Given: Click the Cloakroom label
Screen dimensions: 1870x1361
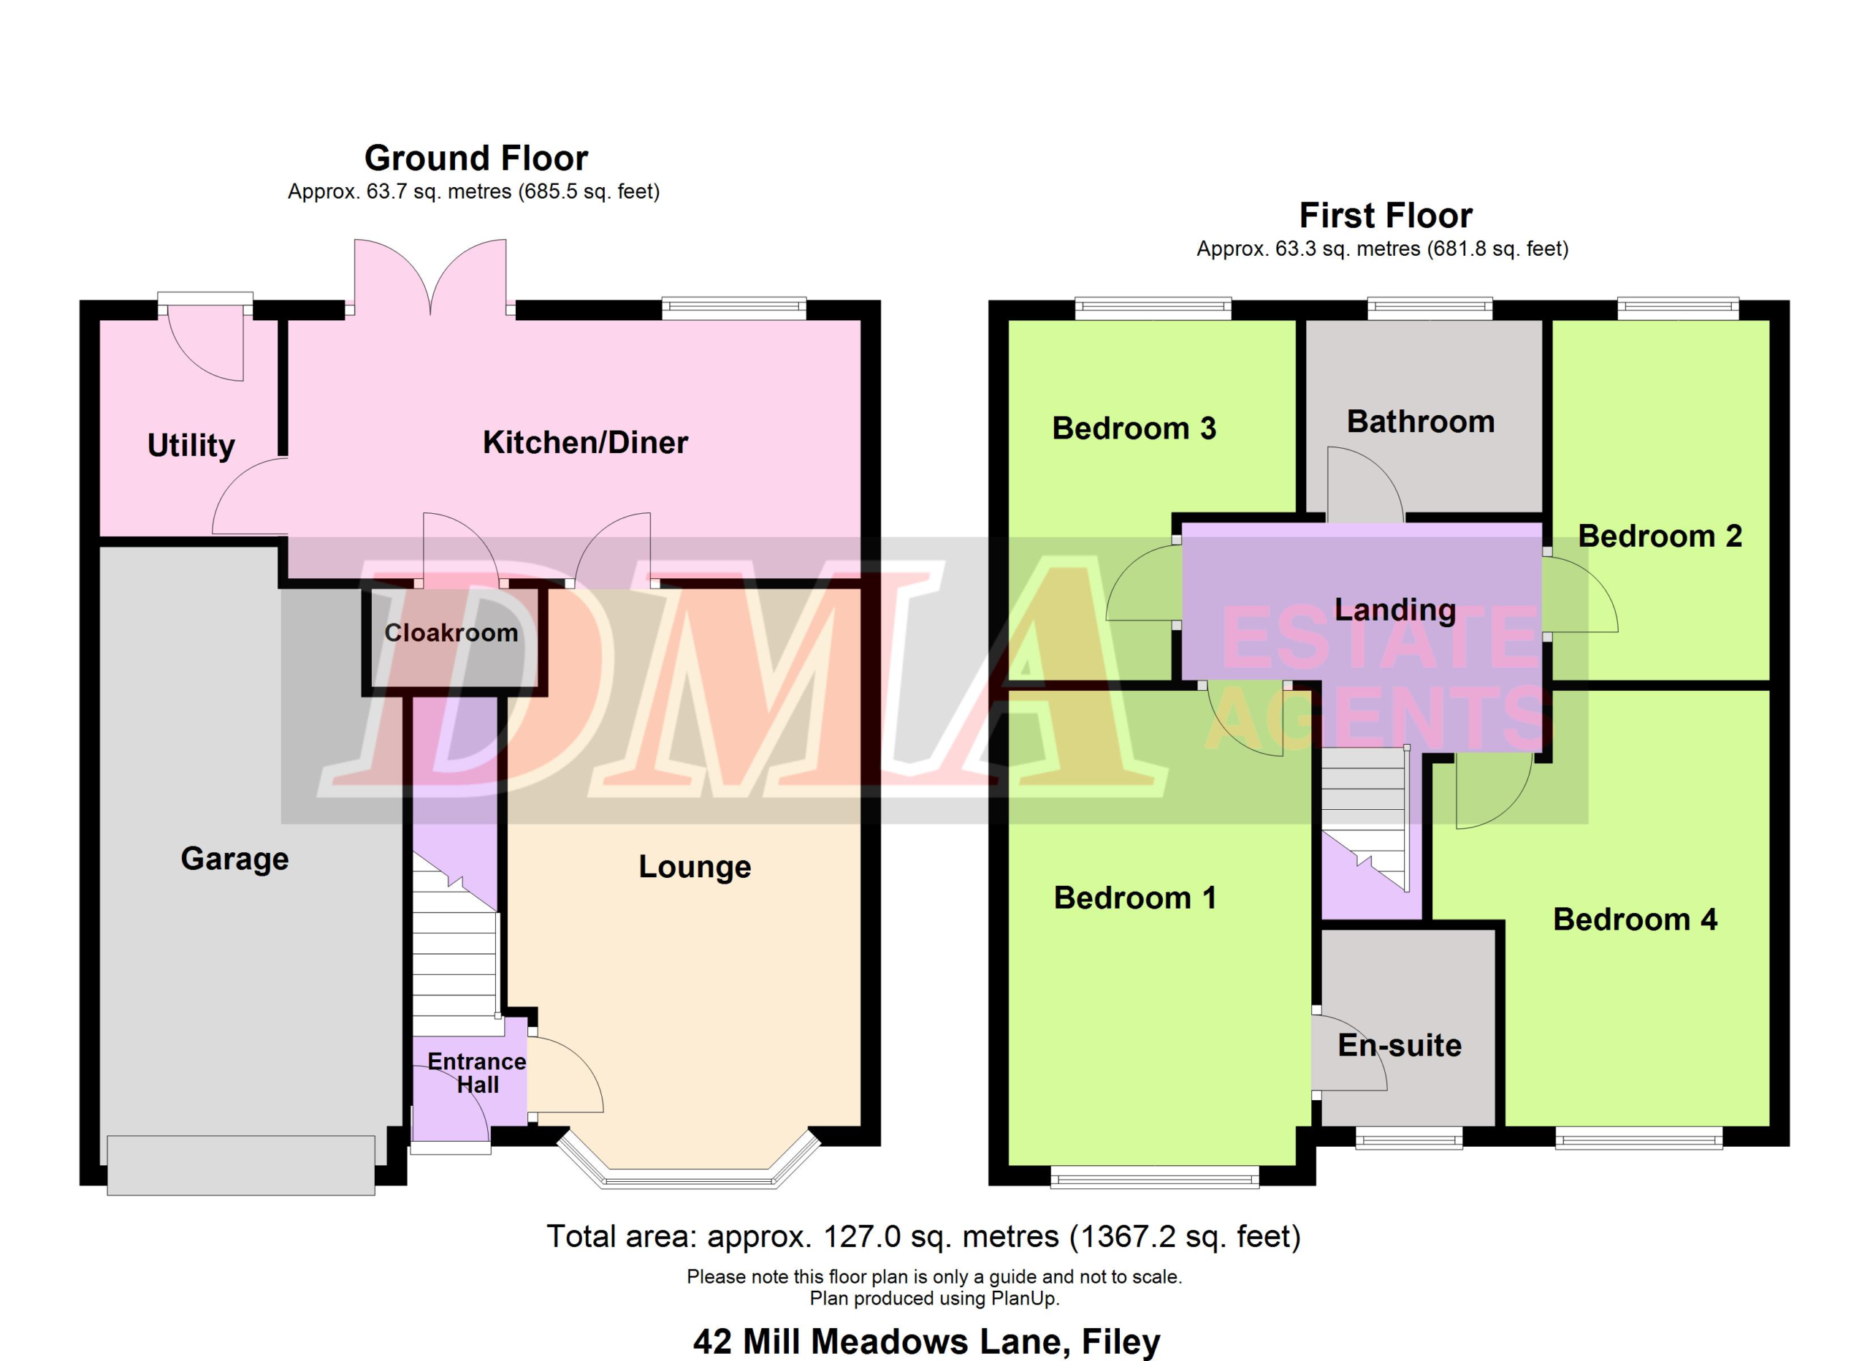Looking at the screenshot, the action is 451,633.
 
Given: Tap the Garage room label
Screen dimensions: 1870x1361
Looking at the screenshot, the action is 235,859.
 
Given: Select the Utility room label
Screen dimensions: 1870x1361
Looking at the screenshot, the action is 191,445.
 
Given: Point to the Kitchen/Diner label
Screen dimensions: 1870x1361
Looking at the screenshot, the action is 585,443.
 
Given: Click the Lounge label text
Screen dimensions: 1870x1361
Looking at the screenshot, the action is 695,867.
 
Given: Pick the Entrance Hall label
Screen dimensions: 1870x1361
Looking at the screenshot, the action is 476,1072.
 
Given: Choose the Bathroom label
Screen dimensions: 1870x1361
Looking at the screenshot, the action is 1421,422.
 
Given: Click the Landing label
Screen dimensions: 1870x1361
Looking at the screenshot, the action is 1395,610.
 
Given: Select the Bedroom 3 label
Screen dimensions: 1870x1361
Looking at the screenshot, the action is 1134,428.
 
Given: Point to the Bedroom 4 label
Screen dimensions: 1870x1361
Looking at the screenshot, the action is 1635,919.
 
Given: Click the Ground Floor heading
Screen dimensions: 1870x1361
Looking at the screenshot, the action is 476,158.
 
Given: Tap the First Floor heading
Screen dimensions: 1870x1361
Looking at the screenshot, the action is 1386,216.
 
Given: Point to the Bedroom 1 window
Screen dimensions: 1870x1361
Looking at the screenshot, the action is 1154,1177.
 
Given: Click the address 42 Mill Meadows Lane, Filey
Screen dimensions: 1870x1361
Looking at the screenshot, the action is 927,1341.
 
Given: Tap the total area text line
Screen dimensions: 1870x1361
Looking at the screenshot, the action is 923,1237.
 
